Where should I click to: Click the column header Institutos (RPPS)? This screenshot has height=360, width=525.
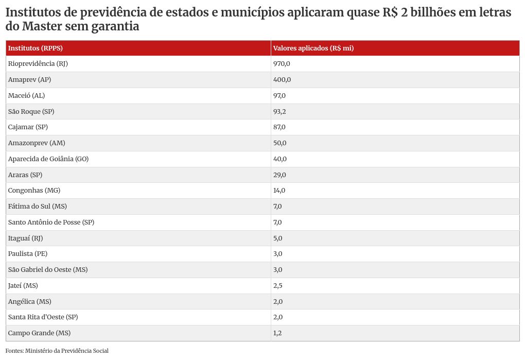point(36,48)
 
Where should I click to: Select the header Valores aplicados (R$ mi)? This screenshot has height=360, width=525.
point(313,48)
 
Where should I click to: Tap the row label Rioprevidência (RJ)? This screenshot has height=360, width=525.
point(38,64)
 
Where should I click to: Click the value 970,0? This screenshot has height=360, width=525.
point(282,64)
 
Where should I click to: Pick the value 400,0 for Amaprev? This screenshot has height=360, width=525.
point(282,80)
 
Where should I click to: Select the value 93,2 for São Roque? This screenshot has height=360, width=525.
point(279,111)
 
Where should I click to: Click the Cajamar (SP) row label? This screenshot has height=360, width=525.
point(31,127)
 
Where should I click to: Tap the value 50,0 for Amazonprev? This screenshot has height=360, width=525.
point(280,143)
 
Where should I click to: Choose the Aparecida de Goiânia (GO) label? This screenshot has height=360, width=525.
point(48,159)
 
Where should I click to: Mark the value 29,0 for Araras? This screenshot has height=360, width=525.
point(279,175)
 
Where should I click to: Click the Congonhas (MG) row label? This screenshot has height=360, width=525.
point(34,191)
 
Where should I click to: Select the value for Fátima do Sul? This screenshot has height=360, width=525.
point(277,207)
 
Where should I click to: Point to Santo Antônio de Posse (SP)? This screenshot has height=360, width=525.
point(51,222)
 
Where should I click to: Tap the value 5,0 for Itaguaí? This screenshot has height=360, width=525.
point(277,238)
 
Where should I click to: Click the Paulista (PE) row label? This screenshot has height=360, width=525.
point(28,254)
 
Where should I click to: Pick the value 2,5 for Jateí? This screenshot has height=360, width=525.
point(277,285)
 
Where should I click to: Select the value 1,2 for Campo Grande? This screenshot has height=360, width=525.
point(277,333)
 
